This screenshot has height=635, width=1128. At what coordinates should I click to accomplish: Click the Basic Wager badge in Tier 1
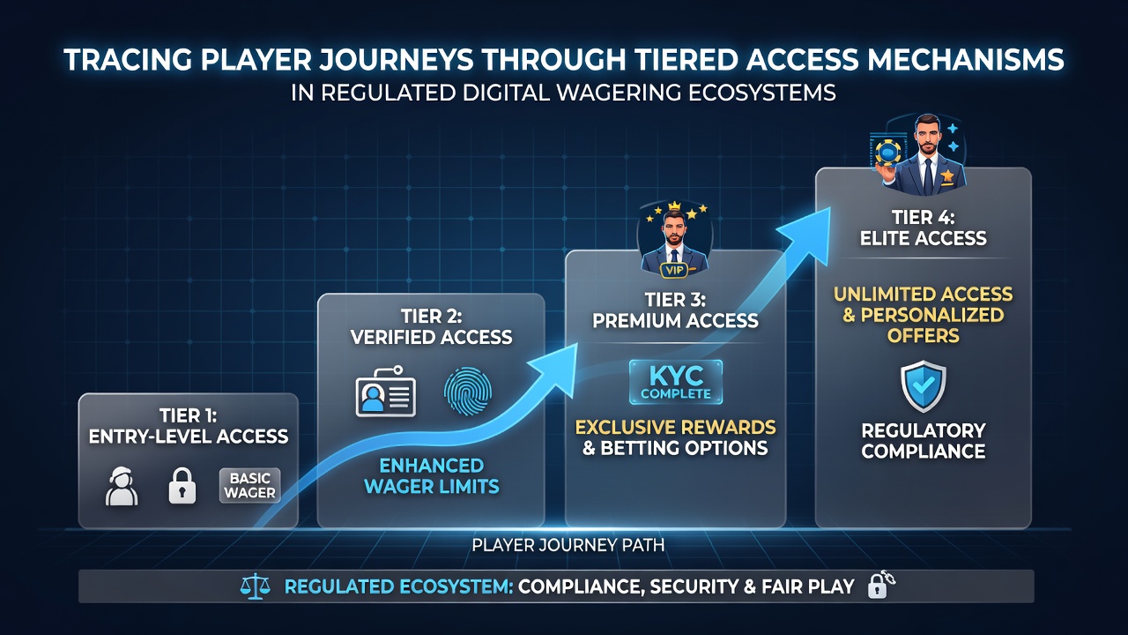[x=249, y=485]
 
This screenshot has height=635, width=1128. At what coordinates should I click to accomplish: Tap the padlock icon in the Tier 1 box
[x=182, y=485]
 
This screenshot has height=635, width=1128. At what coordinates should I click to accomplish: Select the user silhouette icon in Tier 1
[x=122, y=486]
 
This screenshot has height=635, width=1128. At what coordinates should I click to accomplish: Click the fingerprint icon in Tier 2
[x=467, y=391]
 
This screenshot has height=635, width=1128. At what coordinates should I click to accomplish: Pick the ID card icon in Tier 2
[x=386, y=392]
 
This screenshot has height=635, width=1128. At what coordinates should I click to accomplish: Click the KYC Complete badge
[x=676, y=382]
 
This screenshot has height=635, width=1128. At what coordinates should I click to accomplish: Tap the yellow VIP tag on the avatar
[x=674, y=270]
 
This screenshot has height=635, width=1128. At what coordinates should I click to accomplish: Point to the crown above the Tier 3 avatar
[x=674, y=206]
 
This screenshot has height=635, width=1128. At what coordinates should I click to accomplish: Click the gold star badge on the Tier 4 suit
[x=947, y=176]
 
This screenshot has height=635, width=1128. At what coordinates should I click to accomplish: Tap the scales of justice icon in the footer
[x=256, y=586]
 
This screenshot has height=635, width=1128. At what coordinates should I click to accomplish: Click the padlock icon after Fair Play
[x=879, y=585]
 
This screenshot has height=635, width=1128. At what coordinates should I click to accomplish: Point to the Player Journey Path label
[x=568, y=545]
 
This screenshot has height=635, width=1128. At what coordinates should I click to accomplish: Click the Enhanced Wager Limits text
[x=432, y=475]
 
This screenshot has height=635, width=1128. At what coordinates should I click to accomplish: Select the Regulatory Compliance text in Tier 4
[x=923, y=441]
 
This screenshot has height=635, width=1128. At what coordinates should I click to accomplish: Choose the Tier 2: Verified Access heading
[x=432, y=326]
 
